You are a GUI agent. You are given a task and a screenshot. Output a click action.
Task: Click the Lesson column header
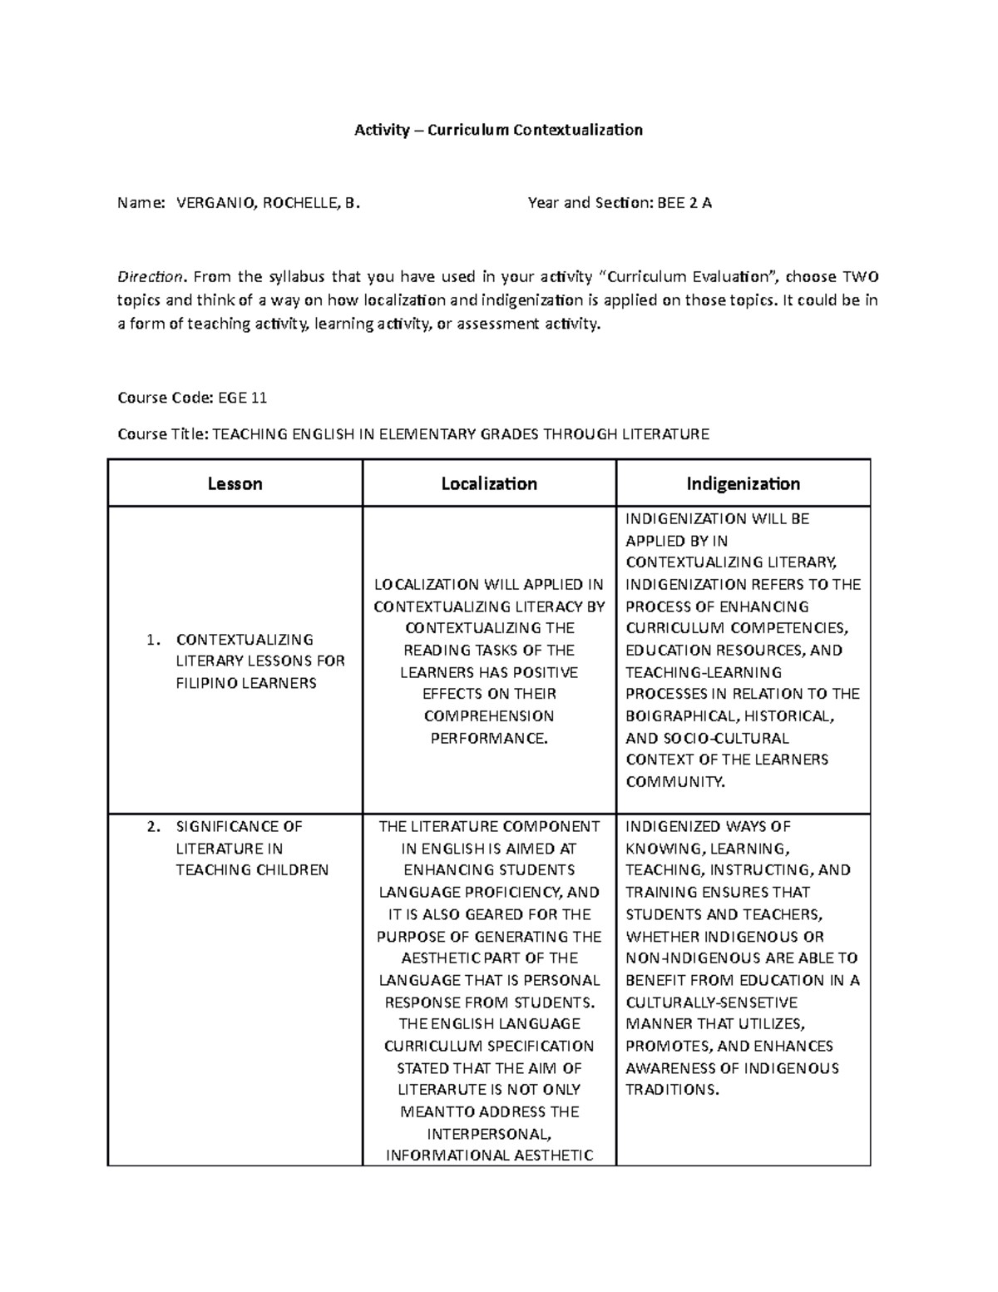235,483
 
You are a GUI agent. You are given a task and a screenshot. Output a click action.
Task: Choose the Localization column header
489,483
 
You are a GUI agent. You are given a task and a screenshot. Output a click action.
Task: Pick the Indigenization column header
743,483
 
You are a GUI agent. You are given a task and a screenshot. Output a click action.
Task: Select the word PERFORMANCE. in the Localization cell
489,738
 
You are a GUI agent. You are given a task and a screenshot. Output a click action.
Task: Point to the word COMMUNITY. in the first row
675,782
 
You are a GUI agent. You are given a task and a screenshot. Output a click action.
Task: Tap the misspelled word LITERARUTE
442,1090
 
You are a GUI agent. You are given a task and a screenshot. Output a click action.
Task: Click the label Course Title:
164,434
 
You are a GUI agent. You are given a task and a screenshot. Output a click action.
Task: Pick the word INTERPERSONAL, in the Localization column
489,1134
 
